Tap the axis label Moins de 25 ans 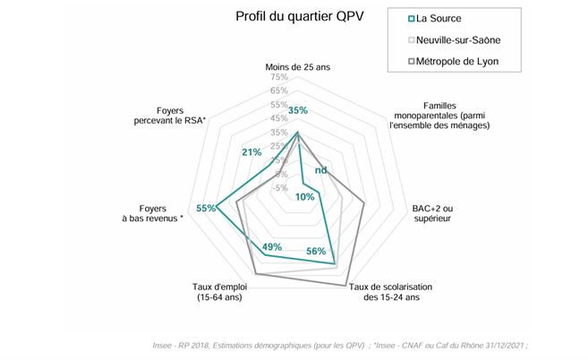tap(298, 68)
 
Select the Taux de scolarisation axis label tap(391, 291)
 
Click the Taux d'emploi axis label tap(219, 292)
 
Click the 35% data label tap(298, 111)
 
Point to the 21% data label tap(251, 151)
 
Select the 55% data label tap(206, 209)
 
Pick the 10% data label tap(304, 196)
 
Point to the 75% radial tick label tap(278, 78)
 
